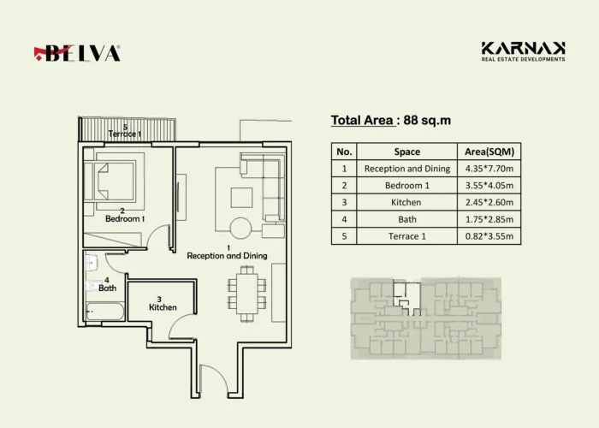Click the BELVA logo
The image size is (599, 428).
[x=77, y=53]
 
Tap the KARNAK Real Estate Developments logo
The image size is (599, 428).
[x=523, y=51]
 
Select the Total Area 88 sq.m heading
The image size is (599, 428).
[x=391, y=121]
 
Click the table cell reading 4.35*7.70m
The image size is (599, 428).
[x=489, y=169]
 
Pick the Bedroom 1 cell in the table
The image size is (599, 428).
[x=406, y=186]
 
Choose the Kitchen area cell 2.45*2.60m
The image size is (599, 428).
[x=489, y=202]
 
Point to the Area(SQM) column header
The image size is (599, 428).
[x=489, y=152]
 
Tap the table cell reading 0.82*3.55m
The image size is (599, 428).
[x=489, y=236]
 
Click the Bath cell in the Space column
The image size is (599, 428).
[x=406, y=219]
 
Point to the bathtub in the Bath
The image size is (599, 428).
[x=105, y=312]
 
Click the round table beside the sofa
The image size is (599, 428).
[x=240, y=229]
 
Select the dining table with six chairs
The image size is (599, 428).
[x=246, y=294]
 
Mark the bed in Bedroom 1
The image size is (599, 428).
[x=110, y=181]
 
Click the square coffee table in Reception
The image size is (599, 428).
[x=241, y=198]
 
